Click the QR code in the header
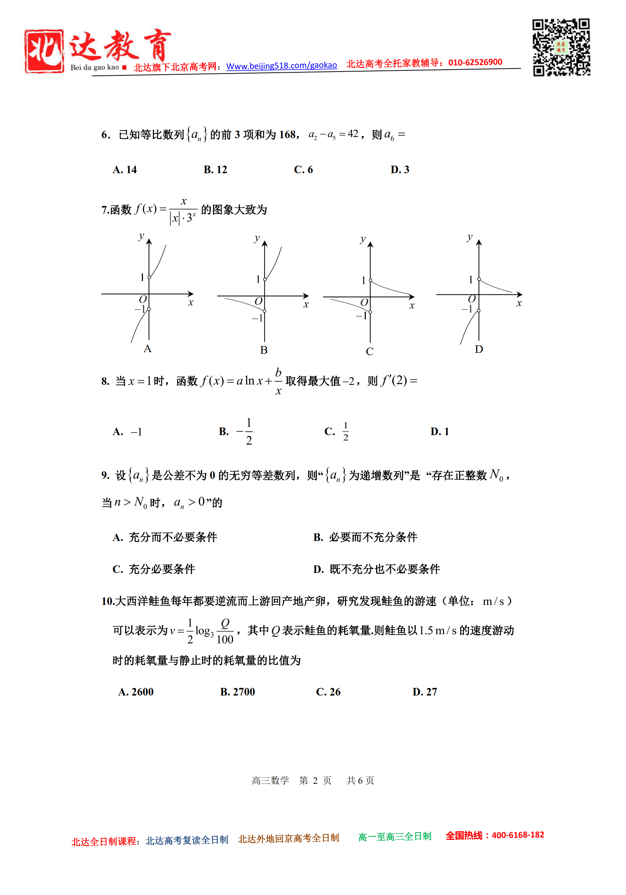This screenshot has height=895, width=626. [x=561, y=47]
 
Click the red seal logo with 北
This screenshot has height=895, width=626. [x=44, y=51]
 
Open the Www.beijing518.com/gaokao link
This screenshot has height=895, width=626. [x=281, y=65]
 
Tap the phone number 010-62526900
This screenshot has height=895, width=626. [x=475, y=62]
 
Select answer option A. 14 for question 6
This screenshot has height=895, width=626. [x=125, y=169]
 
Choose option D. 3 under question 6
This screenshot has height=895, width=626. [x=400, y=169]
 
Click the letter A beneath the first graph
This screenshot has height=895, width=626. [x=147, y=348]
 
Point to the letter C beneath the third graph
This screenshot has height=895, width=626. [x=369, y=351]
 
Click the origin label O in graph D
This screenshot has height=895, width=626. [x=471, y=299]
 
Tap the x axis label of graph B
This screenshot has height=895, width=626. [x=306, y=305]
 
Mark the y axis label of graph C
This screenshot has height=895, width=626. [x=363, y=239]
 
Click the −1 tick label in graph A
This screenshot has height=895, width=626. [x=140, y=309]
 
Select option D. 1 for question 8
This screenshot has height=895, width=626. [x=439, y=432]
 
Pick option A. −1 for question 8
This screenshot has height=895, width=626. [x=127, y=432]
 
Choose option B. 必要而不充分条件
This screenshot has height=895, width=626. [x=365, y=537]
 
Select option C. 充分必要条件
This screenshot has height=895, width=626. [x=154, y=569]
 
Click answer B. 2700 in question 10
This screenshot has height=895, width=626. [x=237, y=692]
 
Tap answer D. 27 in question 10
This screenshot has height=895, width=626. [x=424, y=692]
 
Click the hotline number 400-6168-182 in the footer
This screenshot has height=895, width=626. [x=518, y=835]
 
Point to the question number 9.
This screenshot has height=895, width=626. [x=105, y=475]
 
